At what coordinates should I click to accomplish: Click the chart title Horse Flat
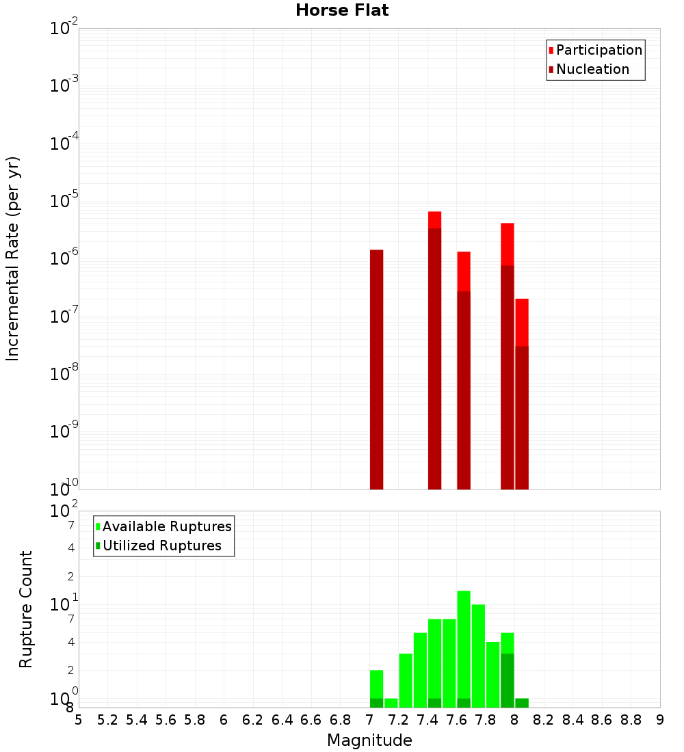click(x=342, y=10)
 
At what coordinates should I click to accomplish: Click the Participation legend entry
click(x=595, y=51)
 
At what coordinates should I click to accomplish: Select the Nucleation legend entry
click(x=588, y=70)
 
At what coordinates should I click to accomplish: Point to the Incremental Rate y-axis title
click(x=13, y=258)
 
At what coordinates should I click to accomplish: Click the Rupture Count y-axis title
click(x=26, y=609)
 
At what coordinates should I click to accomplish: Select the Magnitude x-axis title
click(x=369, y=740)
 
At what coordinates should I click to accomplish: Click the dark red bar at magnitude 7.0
click(x=376, y=369)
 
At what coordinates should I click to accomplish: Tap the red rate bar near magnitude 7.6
click(x=463, y=369)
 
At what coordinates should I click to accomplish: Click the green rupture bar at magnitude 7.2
click(x=406, y=680)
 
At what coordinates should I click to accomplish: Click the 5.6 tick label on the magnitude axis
click(x=166, y=720)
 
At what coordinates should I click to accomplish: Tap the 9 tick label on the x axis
click(x=660, y=720)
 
